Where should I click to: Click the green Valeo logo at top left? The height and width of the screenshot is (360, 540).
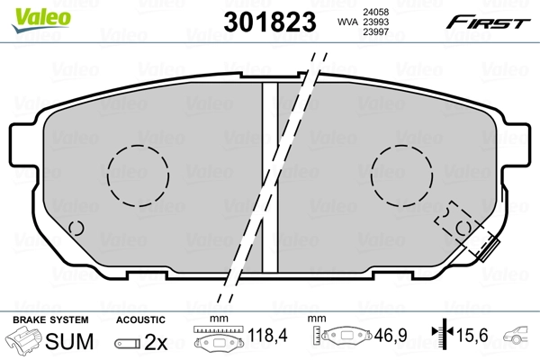pyautogui.click(x=29, y=12)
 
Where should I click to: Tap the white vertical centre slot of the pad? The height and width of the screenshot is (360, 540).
pyautogui.click(x=268, y=171)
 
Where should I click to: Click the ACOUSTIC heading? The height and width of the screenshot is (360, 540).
pyautogui.click(x=140, y=319)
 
